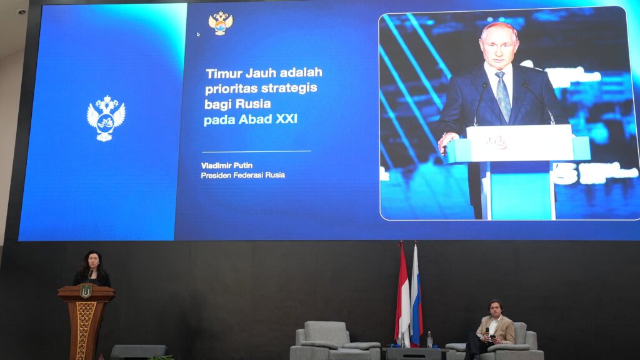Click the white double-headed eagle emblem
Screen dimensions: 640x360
click(106, 118)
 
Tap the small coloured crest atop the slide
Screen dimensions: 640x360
click(221, 23)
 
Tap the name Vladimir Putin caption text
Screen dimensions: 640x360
click(227, 165)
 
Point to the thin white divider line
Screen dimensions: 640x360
click(256, 151)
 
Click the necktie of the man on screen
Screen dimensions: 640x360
click(503, 97)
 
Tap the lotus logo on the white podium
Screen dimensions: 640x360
click(496, 142)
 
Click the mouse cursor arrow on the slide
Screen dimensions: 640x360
click(198, 34)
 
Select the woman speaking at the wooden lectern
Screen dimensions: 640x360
click(91, 269)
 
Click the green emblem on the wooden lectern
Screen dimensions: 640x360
click(86, 291)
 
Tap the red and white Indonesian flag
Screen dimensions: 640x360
click(402, 294)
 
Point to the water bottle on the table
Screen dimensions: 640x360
click(429, 339)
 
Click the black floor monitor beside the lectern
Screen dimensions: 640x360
click(138, 352)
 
